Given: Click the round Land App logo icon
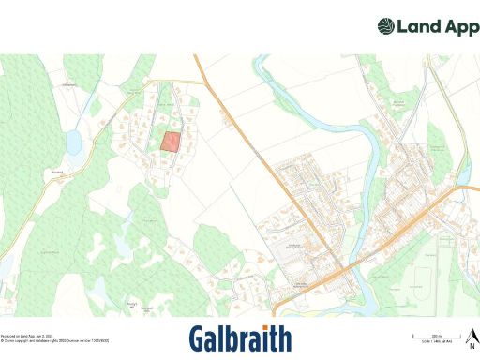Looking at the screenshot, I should pyautogui.click(x=386, y=26).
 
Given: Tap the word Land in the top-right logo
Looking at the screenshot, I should pyautogui.click(x=417, y=26).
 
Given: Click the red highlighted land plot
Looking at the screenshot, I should pyautogui.click(x=171, y=142).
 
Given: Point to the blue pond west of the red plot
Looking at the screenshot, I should pyautogui.click(x=73, y=142).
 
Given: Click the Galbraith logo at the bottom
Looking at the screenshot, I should pyautogui.click(x=240, y=338).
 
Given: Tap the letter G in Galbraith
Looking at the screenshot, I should pyautogui.click(x=198, y=338).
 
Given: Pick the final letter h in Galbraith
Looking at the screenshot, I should pyautogui.click(x=284, y=338).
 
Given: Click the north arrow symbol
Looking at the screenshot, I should pyautogui.click(x=473, y=331).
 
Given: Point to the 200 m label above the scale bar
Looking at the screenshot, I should pyautogui.click(x=436, y=333).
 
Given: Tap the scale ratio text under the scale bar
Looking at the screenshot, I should pyautogui.click(x=436, y=340).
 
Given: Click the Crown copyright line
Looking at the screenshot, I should pyautogui.click(x=54, y=339).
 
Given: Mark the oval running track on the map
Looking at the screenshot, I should pyautogui.click(x=427, y=278).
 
